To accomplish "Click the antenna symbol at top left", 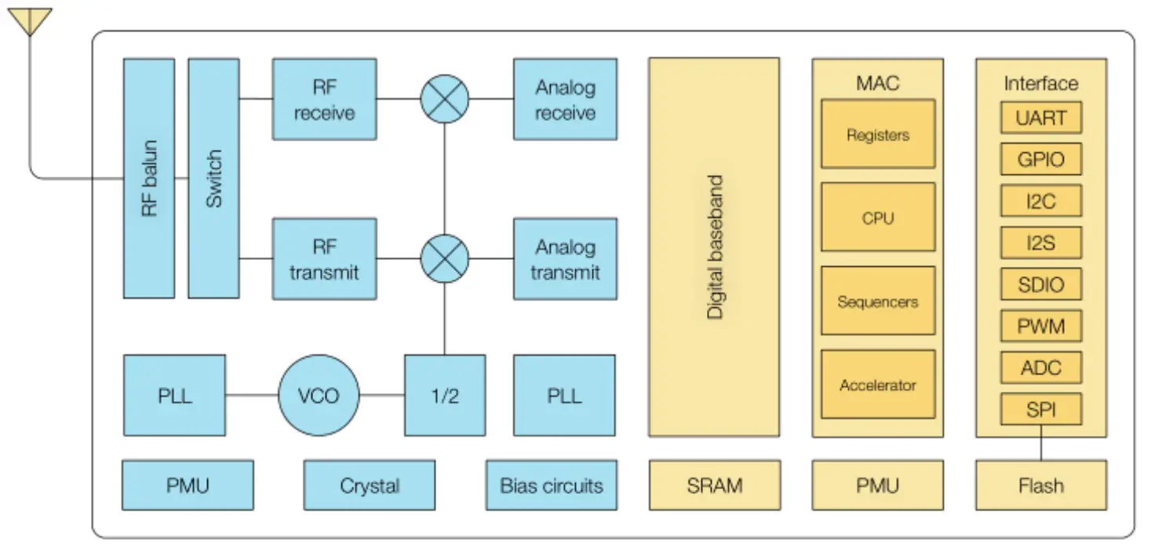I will pos(29,20).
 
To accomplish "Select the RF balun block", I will pos(149,178).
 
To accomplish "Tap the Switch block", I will pos(213,178).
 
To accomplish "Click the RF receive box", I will pos(324,100).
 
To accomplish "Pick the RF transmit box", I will pos(324,259).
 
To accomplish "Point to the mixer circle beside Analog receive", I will pos(445,99).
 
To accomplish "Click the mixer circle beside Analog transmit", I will pos(445,259).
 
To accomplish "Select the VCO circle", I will pos(319,395).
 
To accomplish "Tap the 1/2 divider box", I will pos(445,395).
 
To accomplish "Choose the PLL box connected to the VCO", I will pos(174,395).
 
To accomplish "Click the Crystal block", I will pos(369,485).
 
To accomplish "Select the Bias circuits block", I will pos(552,485).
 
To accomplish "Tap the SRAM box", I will pos(714,485).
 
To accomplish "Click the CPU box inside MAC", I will pos(878,217).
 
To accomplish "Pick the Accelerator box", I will pos(878,385).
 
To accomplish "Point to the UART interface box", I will pos(1041,119).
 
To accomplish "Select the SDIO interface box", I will pos(1041,284).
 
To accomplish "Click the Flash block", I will pos(1041,485).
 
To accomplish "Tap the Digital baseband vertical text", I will pos(714,247).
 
